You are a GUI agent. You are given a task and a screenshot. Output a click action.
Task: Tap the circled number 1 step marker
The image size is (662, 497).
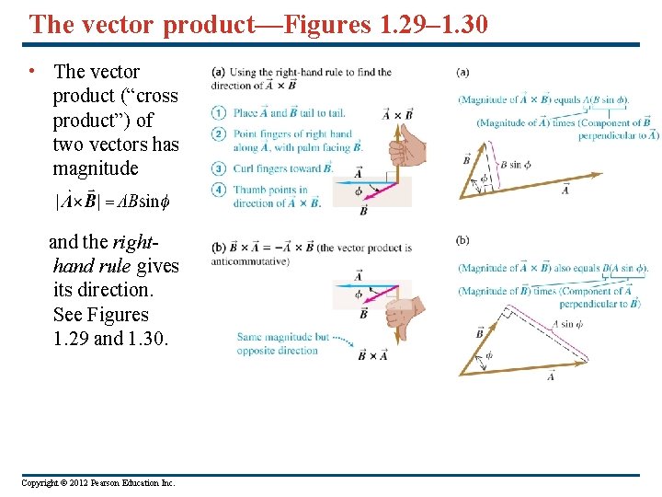(x=219, y=113)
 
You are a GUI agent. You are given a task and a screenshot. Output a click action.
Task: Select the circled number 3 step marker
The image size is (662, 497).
(x=219, y=168)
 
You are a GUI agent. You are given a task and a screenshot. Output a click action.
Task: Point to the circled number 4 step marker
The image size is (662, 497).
(x=219, y=191)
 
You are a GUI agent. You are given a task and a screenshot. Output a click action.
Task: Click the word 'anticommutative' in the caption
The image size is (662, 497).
(x=250, y=260)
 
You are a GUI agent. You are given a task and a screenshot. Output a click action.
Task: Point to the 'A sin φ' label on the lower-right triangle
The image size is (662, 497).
(x=567, y=324)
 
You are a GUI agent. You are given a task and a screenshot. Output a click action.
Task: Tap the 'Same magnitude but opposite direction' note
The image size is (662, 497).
(x=281, y=343)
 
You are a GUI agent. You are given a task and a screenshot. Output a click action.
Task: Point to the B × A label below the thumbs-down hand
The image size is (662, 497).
(x=372, y=355)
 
